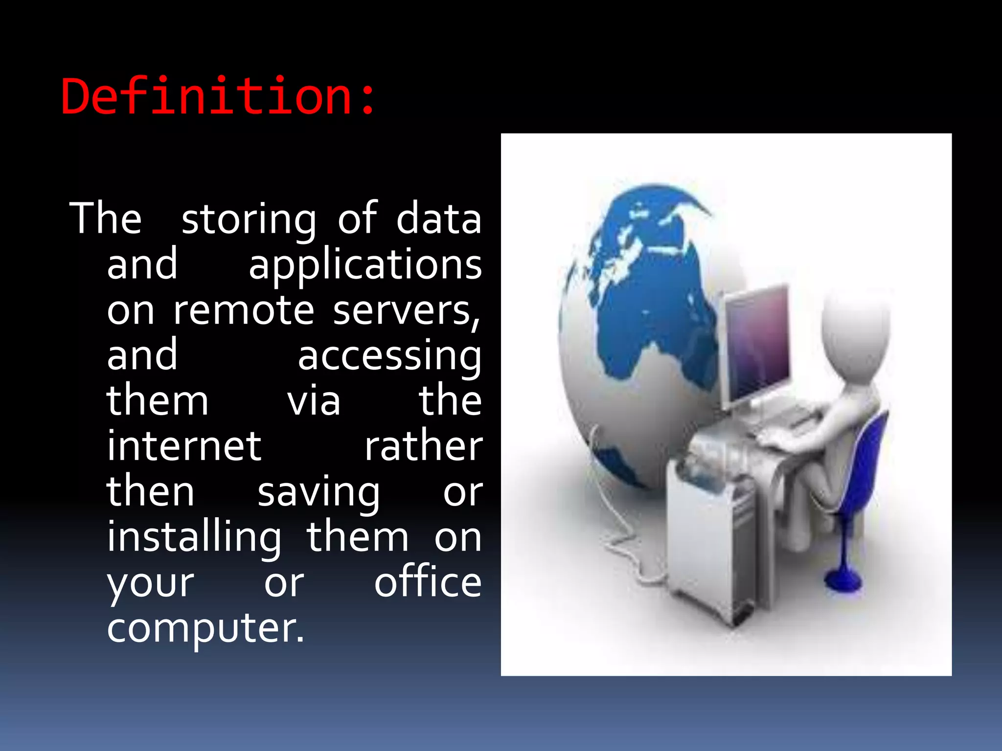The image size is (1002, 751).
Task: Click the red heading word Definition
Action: coord(218,96)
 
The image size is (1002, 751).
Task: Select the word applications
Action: coord(365,265)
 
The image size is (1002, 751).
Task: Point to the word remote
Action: coord(244,310)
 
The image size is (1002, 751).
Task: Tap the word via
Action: coord(314,401)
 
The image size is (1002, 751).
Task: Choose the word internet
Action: coord(184,446)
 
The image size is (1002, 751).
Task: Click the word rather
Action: coord(423,446)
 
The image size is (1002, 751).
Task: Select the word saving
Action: coord(319,493)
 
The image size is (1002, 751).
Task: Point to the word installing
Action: coord(194,538)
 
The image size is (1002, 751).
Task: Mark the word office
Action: coord(428,583)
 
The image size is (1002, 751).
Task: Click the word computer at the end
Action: coord(205,628)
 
